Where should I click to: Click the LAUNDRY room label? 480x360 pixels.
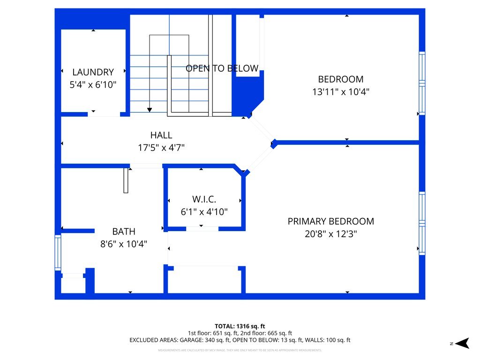point(93,72)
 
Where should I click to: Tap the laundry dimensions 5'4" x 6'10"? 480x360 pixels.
point(93,85)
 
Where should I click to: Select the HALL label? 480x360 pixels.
point(161,135)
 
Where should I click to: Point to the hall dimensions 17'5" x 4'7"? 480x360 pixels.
point(161,148)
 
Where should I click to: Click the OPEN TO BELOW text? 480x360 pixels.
point(222,68)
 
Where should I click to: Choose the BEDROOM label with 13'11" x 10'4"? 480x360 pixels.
point(341,79)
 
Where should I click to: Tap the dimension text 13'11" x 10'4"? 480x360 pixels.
point(341,92)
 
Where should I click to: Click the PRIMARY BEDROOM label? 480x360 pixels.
point(331,221)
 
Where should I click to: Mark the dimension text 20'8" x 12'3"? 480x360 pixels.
point(331,234)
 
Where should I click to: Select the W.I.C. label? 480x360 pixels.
point(204,199)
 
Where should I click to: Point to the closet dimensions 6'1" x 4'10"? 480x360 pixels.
point(204,212)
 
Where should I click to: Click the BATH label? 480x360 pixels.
point(124,232)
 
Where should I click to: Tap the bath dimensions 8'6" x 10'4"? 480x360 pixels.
point(124,244)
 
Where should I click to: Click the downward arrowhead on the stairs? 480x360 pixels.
point(150,110)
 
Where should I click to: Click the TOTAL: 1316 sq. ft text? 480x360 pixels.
point(240,326)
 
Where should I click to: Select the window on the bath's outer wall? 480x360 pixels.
point(58,253)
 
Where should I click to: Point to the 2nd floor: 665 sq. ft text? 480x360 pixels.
point(266,333)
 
